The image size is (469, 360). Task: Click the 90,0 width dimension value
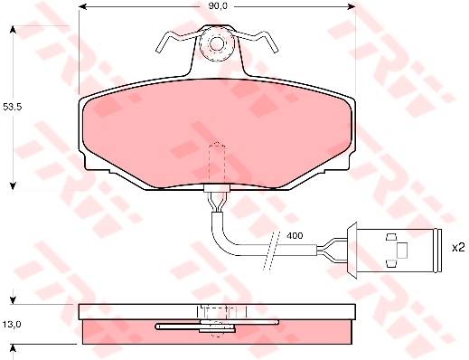pos(218,6)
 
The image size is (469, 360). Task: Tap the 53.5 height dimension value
pos(12,107)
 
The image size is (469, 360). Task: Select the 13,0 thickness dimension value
pos(12,325)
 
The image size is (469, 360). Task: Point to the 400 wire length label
pos(295,235)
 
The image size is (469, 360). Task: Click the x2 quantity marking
pos(458,248)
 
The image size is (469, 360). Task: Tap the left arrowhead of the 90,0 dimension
pos(82,6)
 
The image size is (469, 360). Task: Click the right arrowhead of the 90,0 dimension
pos(352,6)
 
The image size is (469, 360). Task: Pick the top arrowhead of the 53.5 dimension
pos(13,29)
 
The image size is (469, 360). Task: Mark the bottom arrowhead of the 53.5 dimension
pos(13,186)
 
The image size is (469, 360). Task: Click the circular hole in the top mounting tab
pos(217,43)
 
